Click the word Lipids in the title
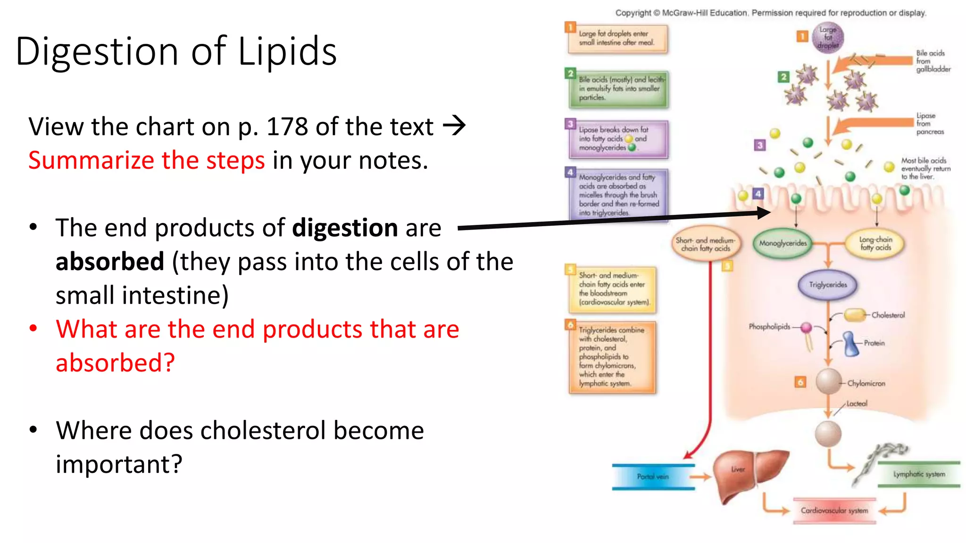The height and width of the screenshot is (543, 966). [x=287, y=51]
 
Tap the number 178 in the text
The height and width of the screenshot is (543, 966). [x=287, y=127]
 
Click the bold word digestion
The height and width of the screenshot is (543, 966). [x=345, y=228]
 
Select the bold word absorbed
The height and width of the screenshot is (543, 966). [x=110, y=262]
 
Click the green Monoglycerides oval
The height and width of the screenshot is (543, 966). [x=783, y=243]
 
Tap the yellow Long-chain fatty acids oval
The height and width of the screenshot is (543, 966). [x=875, y=243]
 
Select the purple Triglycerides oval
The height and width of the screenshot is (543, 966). [x=828, y=285]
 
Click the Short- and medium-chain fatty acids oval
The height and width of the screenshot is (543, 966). [x=705, y=244]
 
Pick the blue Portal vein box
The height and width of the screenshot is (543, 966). [x=653, y=477]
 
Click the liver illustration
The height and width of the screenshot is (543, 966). [x=748, y=474]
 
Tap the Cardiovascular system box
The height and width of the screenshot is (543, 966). [x=834, y=510]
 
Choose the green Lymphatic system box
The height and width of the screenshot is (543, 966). [x=919, y=474]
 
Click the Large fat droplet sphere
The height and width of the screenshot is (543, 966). [x=828, y=37]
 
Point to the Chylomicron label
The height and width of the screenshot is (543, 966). [x=866, y=384]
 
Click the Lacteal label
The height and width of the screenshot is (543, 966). [x=857, y=403]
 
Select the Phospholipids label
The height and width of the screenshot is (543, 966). [x=769, y=326]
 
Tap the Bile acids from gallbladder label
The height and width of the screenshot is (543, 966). [x=933, y=61]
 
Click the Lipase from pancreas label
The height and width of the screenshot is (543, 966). [x=930, y=123]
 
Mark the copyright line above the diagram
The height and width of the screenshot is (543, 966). [x=771, y=13]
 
